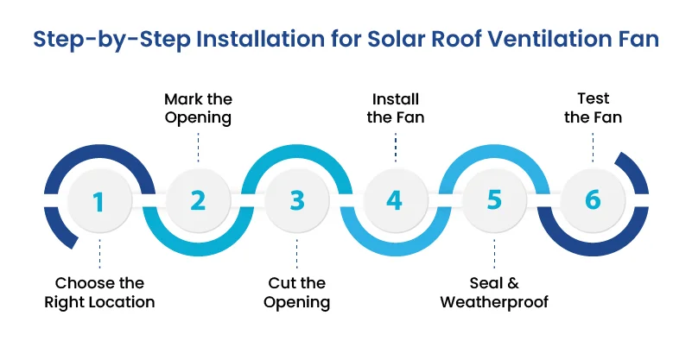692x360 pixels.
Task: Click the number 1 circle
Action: click(99, 201)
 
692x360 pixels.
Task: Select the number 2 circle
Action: click(198, 201)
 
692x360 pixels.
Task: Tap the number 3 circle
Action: click(297, 201)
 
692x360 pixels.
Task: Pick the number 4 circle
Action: click(395, 201)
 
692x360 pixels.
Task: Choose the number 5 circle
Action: click(494, 201)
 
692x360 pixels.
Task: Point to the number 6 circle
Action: click(593, 201)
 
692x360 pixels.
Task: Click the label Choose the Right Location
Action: click(99, 293)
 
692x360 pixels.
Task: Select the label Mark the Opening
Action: click(198, 109)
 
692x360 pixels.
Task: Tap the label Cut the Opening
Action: click(297, 293)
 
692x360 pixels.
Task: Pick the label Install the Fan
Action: click(395, 109)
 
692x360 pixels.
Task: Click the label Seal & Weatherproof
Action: click(494, 293)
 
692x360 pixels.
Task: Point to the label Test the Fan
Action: click(593, 109)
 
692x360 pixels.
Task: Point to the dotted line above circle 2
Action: click(198, 147)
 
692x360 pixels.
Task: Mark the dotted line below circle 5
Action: click(494, 255)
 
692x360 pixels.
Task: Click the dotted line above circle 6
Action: click(593, 147)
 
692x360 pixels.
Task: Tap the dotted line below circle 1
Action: click(99, 255)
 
